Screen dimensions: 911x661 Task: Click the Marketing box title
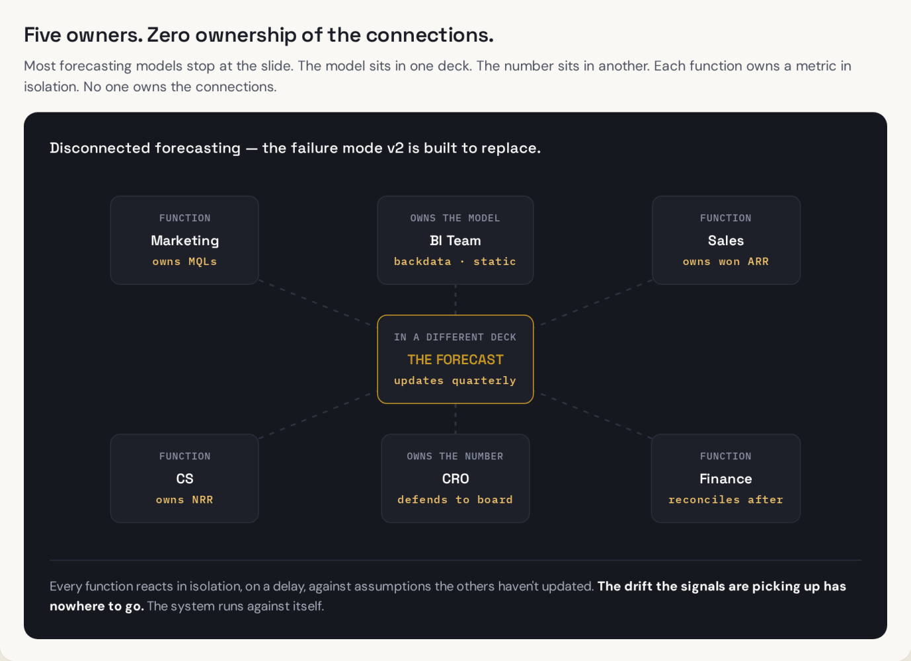coord(184,241)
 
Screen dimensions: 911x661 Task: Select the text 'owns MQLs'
coord(184,261)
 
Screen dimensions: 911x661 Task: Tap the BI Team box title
coord(455,241)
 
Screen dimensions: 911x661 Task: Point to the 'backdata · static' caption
coord(455,261)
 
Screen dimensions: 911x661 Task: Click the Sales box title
coord(725,241)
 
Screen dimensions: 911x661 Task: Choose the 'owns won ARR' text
coord(725,261)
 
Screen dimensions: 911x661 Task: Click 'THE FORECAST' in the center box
coord(455,360)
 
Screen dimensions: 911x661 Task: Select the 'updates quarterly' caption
coord(455,381)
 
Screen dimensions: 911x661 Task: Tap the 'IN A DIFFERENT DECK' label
coord(455,337)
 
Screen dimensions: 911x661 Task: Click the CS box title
coord(184,479)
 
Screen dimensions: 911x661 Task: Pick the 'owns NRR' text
coord(184,500)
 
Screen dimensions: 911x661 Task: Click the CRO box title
coord(455,479)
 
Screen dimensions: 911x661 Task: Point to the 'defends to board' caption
coord(455,500)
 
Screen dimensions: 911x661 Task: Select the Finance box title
coord(725,479)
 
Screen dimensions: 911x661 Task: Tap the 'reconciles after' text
coord(725,500)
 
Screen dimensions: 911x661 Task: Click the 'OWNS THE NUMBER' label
coord(455,456)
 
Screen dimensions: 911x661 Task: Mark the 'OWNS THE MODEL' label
coord(455,218)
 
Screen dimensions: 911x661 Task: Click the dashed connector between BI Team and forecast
coord(455,299)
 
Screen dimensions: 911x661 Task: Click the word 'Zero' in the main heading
coord(169,35)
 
